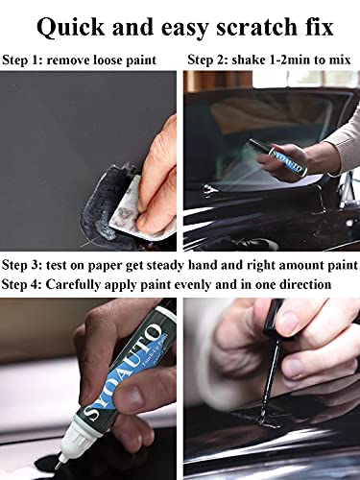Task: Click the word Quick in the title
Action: click(x=70, y=28)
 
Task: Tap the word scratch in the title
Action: click(x=252, y=27)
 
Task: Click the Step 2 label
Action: click(x=207, y=60)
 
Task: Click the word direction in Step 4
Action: click(x=304, y=284)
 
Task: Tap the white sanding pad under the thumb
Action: click(x=129, y=208)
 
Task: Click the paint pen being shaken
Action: click(x=277, y=157)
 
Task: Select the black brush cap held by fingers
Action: click(x=274, y=318)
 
